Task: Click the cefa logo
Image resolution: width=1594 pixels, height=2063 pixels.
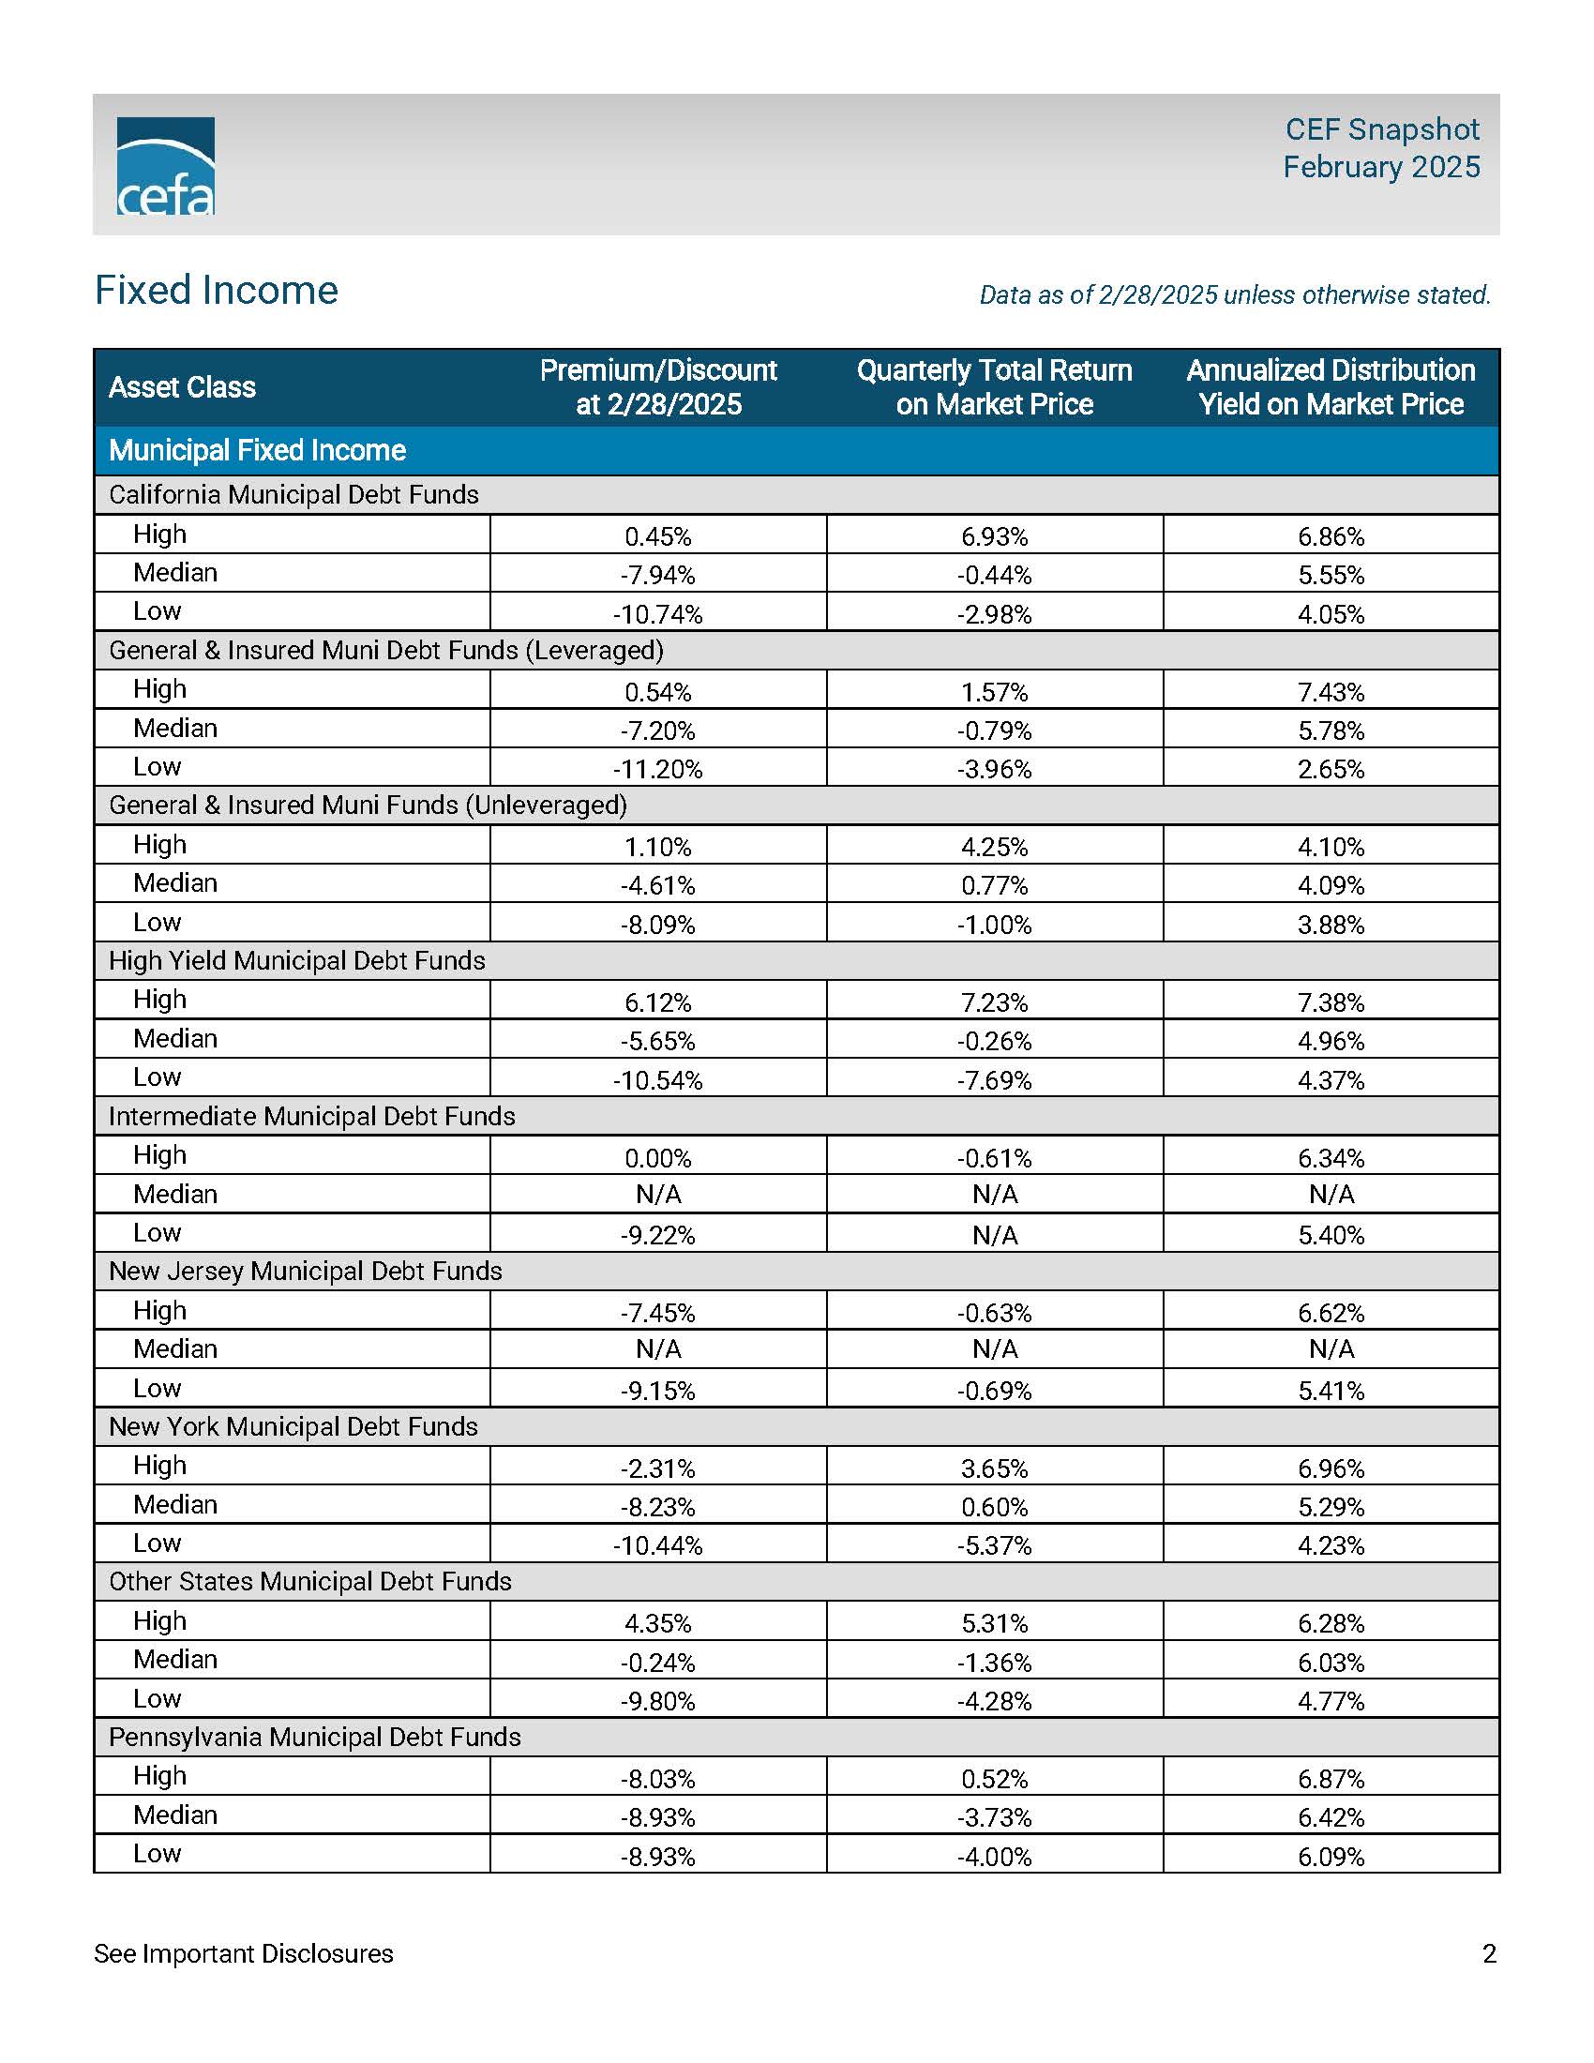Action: (x=165, y=166)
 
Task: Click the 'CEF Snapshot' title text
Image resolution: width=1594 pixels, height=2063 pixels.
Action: (x=1381, y=129)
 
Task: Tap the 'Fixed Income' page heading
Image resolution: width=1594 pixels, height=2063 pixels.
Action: (x=217, y=290)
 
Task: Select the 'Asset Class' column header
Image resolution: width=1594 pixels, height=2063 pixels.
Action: (x=182, y=387)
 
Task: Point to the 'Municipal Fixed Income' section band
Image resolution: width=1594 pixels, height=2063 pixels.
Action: (x=257, y=450)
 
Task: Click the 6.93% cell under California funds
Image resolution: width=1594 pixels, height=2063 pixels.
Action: (x=994, y=536)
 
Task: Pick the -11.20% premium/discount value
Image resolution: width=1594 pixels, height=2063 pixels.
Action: (x=658, y=769)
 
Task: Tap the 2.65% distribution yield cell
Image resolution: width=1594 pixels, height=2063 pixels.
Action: (x=1331, y=769)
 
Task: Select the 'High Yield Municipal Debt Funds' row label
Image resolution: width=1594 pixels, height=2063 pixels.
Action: (x=296, y=960)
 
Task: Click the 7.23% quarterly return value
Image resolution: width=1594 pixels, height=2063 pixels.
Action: (x=994, y=1002)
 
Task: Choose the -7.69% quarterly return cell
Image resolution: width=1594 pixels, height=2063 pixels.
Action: (x=994, y=1079)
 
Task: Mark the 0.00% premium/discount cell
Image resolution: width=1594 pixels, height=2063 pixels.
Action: (x=658, y=1158)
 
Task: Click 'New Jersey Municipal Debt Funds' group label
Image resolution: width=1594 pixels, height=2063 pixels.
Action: (x=305, y=1272)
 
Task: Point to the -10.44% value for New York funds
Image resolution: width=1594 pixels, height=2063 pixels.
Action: (x=658, y=1545)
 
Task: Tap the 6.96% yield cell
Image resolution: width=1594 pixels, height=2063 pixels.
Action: (x=1331, y=1468)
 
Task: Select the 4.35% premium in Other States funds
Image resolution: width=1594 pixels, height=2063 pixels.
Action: (x=658, y=1624)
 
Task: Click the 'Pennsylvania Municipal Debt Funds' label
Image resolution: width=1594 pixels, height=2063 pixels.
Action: (x=314, y=1737)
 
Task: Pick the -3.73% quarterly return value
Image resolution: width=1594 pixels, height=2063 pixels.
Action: (x=994, y=1817)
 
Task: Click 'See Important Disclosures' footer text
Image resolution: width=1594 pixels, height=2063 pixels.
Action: (x=244, y=1953)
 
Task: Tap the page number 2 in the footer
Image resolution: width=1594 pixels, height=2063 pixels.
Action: (x=1489, y=1953)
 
